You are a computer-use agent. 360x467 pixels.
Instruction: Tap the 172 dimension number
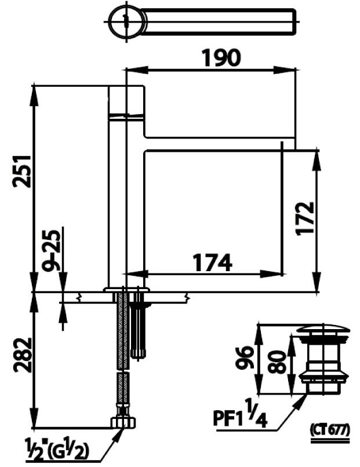coord(303,217)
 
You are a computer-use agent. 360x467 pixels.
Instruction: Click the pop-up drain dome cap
coord(322,331)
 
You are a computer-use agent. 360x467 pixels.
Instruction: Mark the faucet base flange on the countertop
coord(126,289)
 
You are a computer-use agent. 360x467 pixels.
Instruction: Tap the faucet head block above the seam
coord(126,99)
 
